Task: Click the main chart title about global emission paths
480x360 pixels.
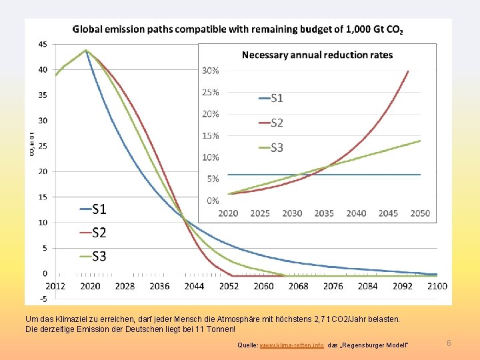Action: pyautogui.click(x=237, y=29)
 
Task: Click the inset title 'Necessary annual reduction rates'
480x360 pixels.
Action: pyautogui.click(x=317, y=55)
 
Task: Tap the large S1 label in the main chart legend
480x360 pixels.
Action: pyautogui.click(x=99, y=209)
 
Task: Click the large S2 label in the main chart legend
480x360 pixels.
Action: pyautogui.click(x=99, y=233)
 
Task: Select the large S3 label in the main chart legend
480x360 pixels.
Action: pyautogui.click(x=99, y=256)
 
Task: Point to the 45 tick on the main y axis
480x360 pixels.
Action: pyautogui.click(x=43, y=44)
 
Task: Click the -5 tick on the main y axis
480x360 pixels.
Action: pyautogui.click(x=43, y=298)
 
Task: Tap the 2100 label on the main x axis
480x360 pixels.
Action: pyautogui.click(x=437, y=286)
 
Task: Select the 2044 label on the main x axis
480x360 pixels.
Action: pyautogui.click(x=194, y=286)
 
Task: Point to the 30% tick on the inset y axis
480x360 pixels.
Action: pyautogui.click(x=211, y=70)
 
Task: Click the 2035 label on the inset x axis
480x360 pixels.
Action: pyautogui.click(x=324, y=213)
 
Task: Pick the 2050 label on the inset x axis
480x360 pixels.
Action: pyautogui.click(x=420, y=213)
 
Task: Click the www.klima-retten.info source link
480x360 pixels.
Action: pyautogui.click(x=291, y=345)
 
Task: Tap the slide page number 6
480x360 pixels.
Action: pyautogui.click(x=449, y=343)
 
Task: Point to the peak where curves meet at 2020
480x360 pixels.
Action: pyautogui.click(x=86, y=50)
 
